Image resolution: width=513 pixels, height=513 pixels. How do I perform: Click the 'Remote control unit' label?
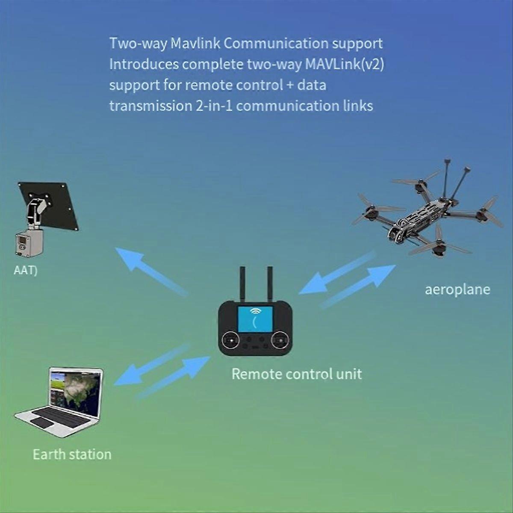pos(297,374)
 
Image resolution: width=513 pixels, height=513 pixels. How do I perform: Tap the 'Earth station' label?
pos(72,454)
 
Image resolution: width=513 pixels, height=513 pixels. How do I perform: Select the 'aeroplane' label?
pos(457,290)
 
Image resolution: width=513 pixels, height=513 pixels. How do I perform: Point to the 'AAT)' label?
pos(26,271)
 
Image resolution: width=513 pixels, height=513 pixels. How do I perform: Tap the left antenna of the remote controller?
pos(242,284)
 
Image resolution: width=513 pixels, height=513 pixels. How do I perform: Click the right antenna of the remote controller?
pos(270,283)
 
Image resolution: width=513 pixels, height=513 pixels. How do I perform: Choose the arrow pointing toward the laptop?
pos(152,364)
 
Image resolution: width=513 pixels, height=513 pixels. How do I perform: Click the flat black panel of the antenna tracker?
pos(48,206)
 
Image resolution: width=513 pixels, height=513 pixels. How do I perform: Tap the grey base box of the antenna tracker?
pos(29,243)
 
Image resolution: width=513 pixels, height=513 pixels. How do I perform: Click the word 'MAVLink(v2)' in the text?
pos(345,64)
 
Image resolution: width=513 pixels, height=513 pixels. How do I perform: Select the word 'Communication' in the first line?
pos(276,44)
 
